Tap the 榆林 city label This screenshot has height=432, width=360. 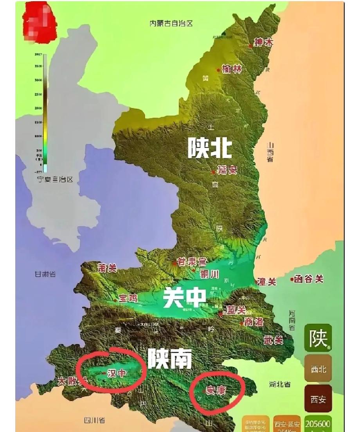[x=232, y=70]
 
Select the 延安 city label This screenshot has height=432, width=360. [x=227, y=170]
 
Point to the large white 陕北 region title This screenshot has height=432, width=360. [x=210, y=148]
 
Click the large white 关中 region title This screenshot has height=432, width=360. [x=185, y=298]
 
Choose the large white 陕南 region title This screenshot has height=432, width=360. [x=170, y=358]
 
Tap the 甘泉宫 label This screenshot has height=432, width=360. [x=192, y=262]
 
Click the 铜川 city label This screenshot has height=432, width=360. [x=209, y=274]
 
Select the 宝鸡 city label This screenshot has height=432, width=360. [x=128, y=298]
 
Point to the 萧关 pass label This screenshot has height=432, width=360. [x=107, y=268]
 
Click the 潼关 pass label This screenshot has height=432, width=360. [x=267, y=282]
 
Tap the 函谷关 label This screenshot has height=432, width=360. [x=309, y=279]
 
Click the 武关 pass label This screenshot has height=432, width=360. [x=274, y=341]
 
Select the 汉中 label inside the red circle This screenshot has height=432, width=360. [x=117, y=373]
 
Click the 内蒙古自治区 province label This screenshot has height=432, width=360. [x=171, y=23]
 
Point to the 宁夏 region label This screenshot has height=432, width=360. [x=55, y=179]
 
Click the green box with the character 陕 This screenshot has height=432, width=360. [x=318, y=338]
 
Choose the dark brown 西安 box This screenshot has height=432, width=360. [x=318, y=400]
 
